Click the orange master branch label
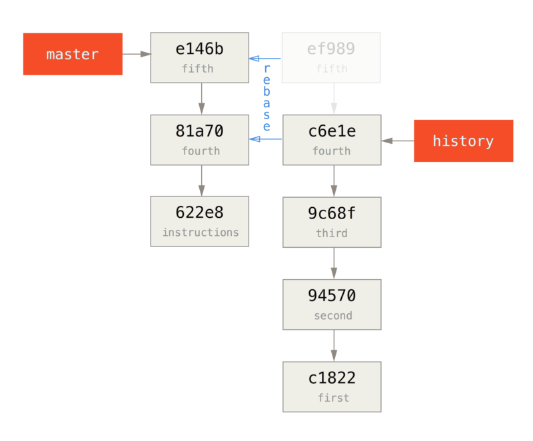(73, 54)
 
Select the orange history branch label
(463, 141)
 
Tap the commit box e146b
(200, 57)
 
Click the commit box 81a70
(200, 139)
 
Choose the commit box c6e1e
(332, 139)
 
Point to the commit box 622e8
(200, 221)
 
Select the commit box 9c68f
(332, 222)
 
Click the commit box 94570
(332, 304)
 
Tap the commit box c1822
(332, 386)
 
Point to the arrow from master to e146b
(137, 54)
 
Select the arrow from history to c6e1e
(397, 141)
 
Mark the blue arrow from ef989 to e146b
(265, 59)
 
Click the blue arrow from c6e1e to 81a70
(265, 139)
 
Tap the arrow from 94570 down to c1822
(333, 345)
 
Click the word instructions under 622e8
(200, 232)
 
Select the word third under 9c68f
(332, 233)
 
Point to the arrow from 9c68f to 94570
(333, 262)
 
